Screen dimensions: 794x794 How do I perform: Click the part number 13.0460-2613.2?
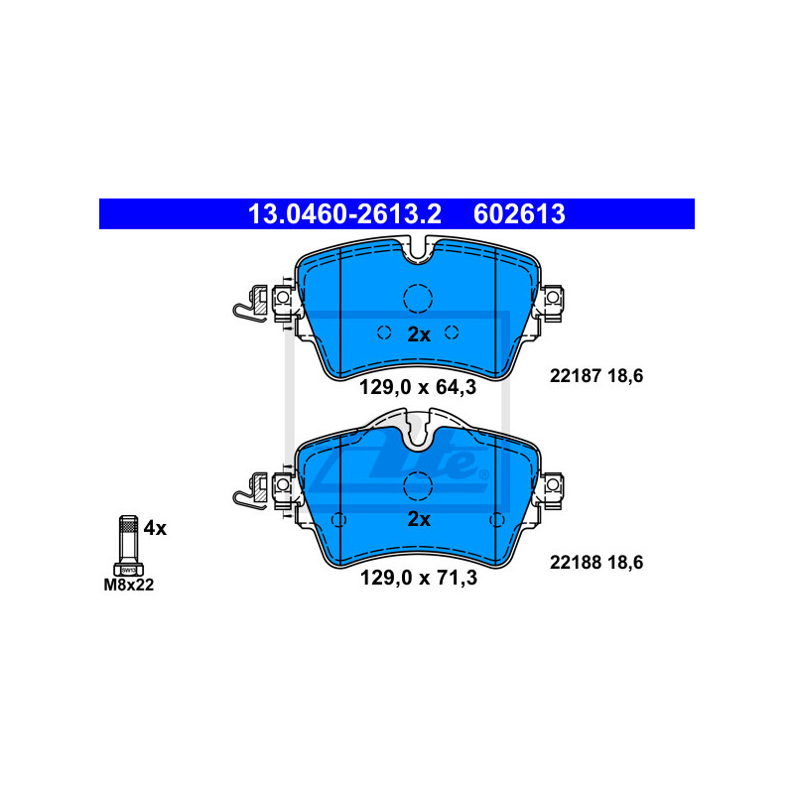click(x=344, y=214)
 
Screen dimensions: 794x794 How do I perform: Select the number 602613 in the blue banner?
click(x=519, y=214)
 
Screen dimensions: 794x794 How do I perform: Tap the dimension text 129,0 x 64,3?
click(x=418, y=387)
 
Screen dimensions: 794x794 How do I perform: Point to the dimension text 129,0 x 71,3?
click(x=418, y=578)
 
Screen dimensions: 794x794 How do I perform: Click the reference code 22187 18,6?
click(x=596, y=376)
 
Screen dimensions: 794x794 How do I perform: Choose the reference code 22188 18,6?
click(x=596, y=562)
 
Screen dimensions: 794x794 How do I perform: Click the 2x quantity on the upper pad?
click(x=419, y=334)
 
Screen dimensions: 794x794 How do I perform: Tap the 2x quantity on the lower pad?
click(x=419, y=519)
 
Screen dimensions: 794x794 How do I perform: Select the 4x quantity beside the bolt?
click(x=155, y=528)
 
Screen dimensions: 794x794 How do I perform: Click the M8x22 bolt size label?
click(x=129, y=585)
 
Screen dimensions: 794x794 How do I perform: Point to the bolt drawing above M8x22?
click(x=129, y=545)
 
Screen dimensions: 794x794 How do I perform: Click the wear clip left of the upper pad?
click(x=250, y=304)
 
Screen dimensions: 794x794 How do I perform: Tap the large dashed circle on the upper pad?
click(x=418, y=299)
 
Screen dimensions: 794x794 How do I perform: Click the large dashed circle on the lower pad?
click(x=418, y=486)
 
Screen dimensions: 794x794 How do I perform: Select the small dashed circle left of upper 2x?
click(x=384, y=332)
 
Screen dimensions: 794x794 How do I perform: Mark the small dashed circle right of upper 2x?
click(x=452, y=332)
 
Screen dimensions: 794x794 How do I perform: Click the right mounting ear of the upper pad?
click(x=552, y=303)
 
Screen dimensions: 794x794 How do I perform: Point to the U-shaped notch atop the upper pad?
click(x=418, y=251)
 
